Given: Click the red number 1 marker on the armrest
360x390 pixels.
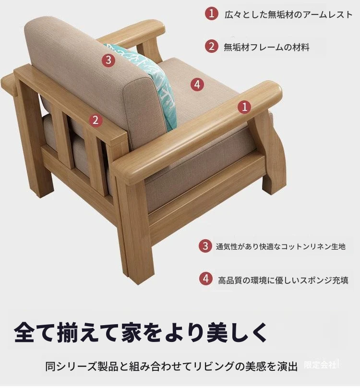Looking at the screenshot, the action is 244,107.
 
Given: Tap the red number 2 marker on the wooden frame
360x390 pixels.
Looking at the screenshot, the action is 96,120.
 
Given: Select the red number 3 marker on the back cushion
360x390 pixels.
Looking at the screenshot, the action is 108,60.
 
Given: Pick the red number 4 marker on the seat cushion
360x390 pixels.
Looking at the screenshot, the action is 197,85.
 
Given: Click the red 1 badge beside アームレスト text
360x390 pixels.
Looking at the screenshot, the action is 211,13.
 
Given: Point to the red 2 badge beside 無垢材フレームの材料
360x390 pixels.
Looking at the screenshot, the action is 211,46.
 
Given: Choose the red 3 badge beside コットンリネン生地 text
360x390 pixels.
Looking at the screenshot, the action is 205,246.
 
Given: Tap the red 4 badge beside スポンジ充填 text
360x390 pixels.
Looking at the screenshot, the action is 206,279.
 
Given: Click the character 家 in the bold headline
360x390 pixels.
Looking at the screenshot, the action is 132,332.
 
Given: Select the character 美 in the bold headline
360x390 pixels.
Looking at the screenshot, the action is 218,332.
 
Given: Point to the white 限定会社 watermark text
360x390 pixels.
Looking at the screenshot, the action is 320,365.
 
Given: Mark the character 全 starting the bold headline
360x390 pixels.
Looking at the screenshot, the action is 24,332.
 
